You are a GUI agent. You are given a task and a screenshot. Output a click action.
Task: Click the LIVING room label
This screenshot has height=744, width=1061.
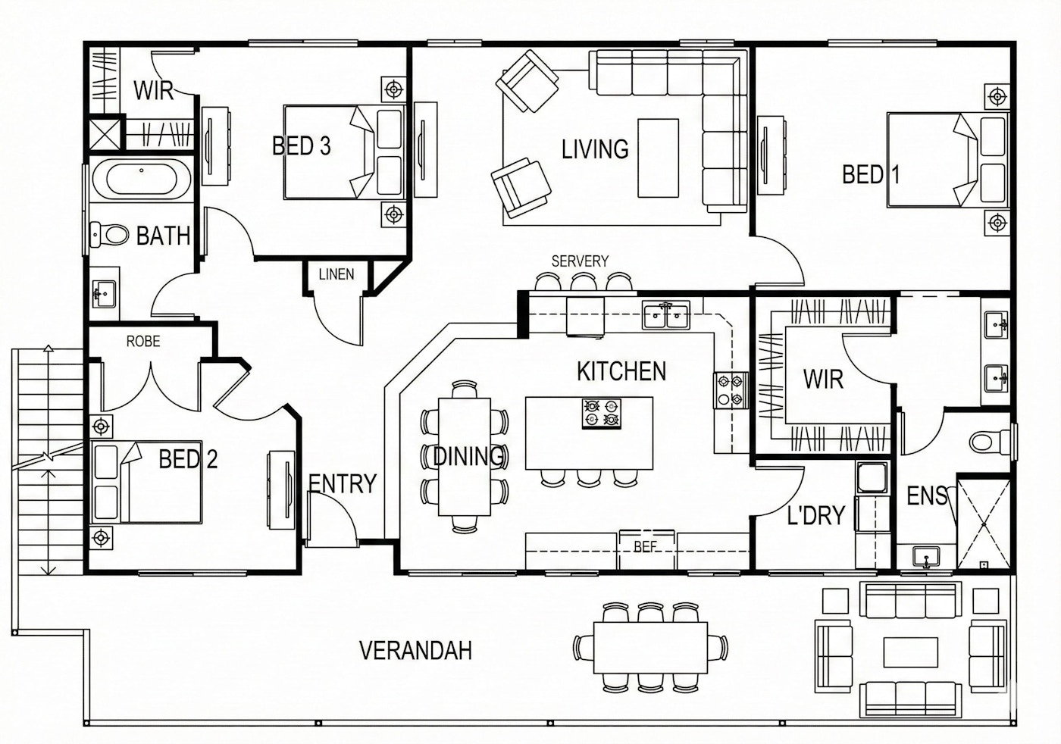(x=595, y=149)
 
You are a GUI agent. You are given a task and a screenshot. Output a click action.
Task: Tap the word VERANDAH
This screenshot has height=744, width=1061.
(x=416, y=651)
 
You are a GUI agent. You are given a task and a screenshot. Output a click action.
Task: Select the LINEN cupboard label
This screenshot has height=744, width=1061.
(x=336, y=274)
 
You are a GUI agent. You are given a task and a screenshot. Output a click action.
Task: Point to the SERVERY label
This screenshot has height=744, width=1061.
(x=580, y=261)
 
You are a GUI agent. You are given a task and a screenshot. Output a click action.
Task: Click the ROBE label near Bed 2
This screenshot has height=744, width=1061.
(x=143, y=342)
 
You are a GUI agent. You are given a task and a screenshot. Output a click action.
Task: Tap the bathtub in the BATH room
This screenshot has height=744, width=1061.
(x=142, y=179)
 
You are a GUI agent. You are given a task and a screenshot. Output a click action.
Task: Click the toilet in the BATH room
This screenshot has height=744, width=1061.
(x=109, y=235)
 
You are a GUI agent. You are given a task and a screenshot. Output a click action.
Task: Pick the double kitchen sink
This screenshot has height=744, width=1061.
(x=666, y=316)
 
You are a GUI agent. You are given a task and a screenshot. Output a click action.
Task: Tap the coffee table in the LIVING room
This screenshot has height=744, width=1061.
(x=658, y=158)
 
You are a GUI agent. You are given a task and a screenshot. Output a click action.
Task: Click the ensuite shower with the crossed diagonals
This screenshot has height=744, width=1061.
(x=984, y=524)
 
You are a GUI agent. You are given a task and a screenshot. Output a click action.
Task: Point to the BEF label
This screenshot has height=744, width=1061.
(x=645, y=547)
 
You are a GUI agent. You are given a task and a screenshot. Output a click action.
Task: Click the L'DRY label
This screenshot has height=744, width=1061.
(x=815, y=515)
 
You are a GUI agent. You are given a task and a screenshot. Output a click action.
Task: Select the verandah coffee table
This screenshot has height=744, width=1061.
(x=910, y=652)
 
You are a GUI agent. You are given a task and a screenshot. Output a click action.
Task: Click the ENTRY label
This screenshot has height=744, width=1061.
(x=343, y=483)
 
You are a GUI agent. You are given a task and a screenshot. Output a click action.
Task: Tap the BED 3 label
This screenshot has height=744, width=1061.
(x=302, y=146)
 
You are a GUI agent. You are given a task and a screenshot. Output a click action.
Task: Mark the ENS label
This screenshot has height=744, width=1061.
(x=927, y=495)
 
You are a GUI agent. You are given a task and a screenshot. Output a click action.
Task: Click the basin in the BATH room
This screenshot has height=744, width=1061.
(x=105, y=294)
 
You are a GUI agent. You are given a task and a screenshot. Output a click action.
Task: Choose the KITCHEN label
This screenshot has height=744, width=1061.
(x=621, y=371)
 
